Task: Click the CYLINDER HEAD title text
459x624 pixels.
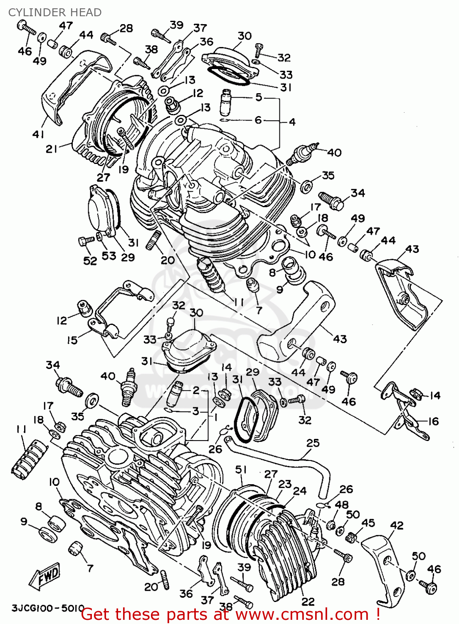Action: (55, 12)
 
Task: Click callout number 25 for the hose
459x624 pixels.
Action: (313, 443)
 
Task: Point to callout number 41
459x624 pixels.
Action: (38, 134)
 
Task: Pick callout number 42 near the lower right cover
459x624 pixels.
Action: (397, 525)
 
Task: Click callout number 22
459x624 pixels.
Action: (308, 602)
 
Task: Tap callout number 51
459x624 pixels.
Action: (241, 470)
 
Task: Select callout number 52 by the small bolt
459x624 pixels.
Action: (90, 260)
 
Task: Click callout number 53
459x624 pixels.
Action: (109, 255)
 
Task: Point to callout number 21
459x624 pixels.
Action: (52, 149)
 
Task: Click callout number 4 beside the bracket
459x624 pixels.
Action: (292, 122)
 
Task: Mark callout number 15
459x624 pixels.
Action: (72, 340)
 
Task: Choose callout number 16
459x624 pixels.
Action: (433, 421)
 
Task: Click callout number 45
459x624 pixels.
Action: (368, 522)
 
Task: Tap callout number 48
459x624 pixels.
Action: (342, 505)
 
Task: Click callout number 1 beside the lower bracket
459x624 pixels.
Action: (215, 417)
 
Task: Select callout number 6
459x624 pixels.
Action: (258, 120)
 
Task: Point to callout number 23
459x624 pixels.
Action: (285, 484)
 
